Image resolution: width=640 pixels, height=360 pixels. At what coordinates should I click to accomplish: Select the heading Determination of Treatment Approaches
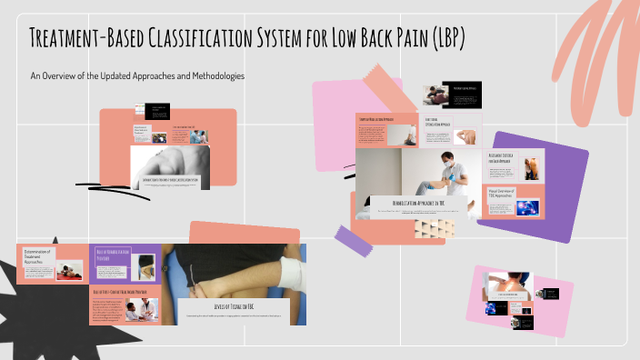[35, 257]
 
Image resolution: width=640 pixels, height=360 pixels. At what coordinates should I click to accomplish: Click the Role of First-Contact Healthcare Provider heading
[124, 292]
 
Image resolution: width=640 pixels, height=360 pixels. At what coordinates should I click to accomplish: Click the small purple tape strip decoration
[355, 238]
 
